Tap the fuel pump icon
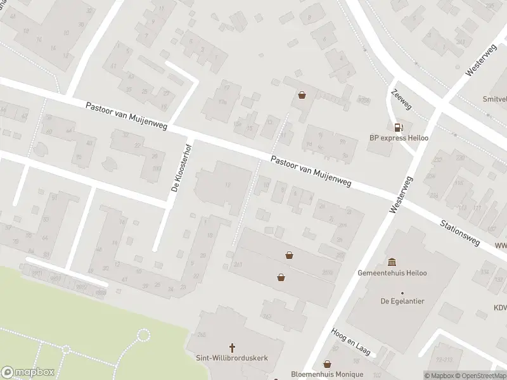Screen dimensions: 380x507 pos(398,127)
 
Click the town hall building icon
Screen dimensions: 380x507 pos(393,262)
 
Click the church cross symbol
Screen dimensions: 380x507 pos(232,347)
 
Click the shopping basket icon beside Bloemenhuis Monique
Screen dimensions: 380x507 pos(327,364)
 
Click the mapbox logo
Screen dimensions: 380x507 pos(28,372)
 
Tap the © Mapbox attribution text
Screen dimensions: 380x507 pos(439,376)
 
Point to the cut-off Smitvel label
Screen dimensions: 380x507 pos(494,99)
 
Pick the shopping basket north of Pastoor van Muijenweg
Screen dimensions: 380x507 pos(302,95)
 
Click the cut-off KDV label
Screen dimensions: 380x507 pos(500,308)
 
